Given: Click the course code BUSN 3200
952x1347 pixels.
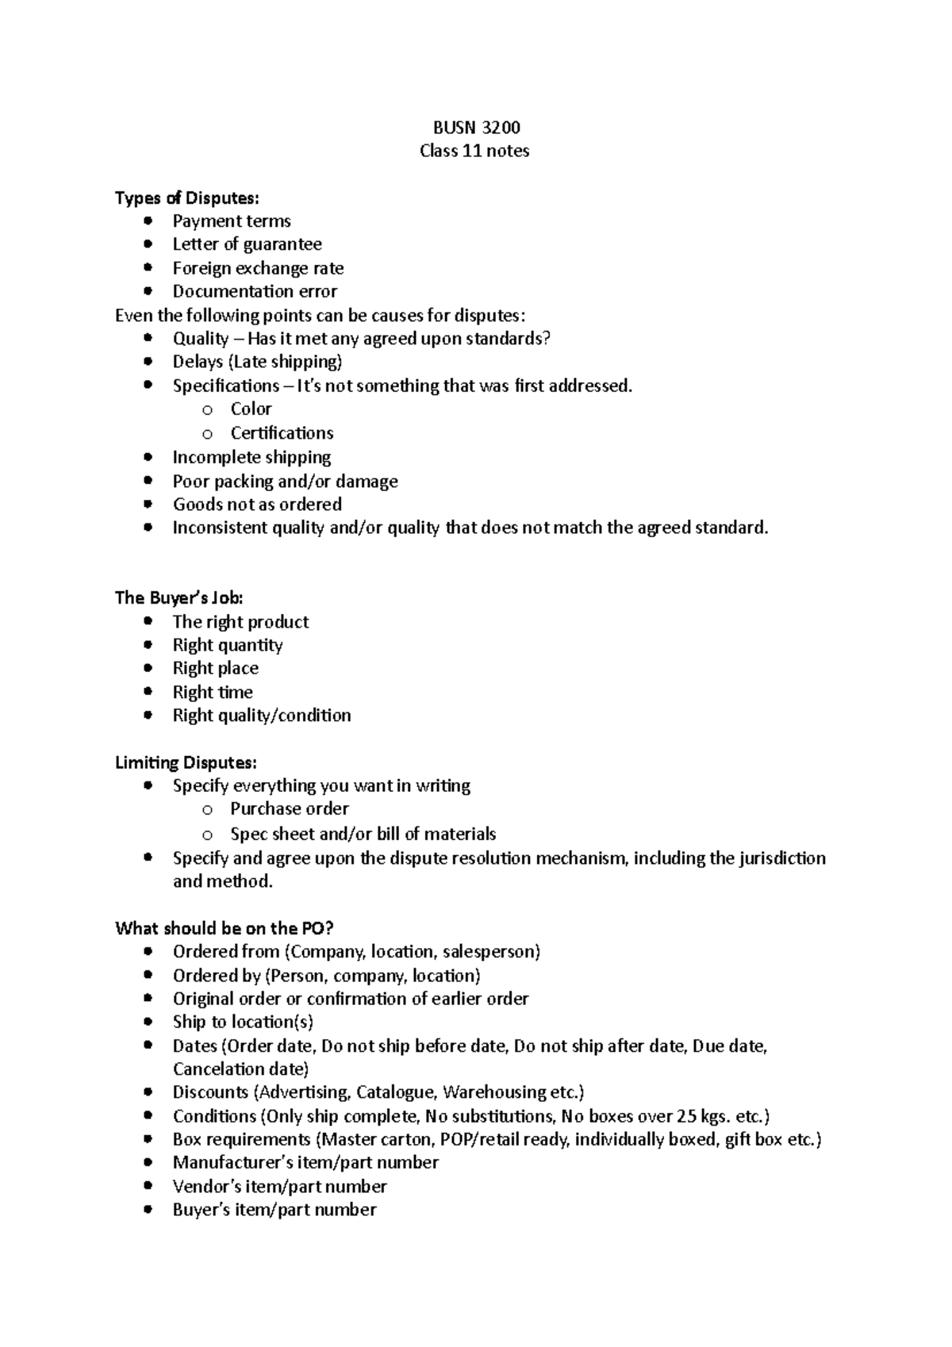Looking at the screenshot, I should tap(476, 128).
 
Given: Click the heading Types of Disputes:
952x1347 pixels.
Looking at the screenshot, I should tap(186, 198).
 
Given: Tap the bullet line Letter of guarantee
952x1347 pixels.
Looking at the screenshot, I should tap(247, 244).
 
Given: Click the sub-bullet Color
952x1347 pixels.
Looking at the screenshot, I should tap(251, 409).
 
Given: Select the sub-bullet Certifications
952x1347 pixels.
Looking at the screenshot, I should tap(282, 433).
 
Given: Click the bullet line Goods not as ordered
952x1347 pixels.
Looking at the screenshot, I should tap(257, 505).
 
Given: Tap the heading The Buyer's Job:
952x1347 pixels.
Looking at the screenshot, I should tap(179, 598).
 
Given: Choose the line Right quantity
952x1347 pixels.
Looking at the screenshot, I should tap(228, 645).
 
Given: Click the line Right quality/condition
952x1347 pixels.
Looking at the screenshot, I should tap(262, 716).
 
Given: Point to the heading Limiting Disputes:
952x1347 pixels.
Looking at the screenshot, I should tap(186, 763).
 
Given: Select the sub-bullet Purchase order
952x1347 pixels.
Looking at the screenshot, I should tap(290, 809).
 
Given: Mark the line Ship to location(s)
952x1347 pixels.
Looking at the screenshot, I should tap(243, 1022).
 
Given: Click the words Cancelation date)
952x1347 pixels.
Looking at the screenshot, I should tap(240, 1069).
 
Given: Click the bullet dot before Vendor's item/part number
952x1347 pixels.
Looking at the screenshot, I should tap(148, 1186).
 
